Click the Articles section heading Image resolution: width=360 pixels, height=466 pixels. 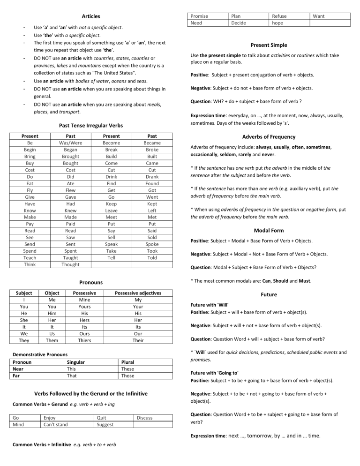coord(91,16)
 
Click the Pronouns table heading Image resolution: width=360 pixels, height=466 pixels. coord(91,283)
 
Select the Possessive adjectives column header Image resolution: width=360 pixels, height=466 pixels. coord(138,293)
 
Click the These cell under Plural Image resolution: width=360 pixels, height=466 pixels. coord(128,369)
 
